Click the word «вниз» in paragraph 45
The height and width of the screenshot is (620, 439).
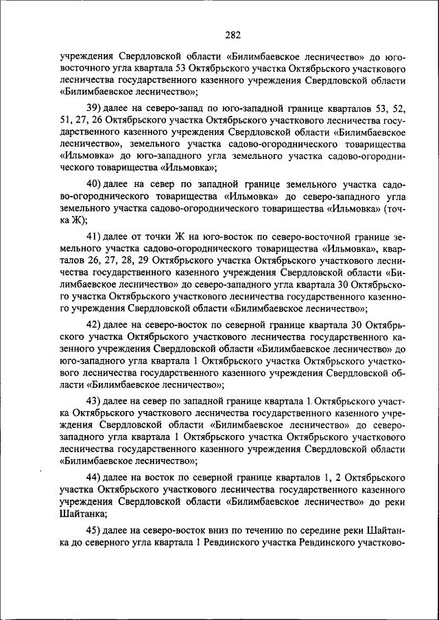coord(211,531)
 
